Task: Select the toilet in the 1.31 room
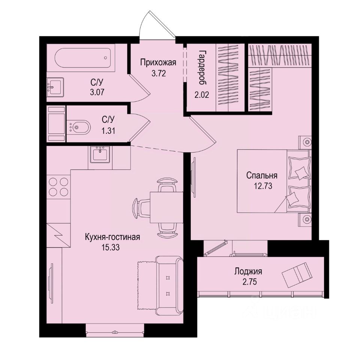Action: pyautogui.click(x=80, y=127)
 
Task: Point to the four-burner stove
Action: pyautogui.click(x=58, y=187)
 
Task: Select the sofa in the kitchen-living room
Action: pyautogui.click(x=168, y=282)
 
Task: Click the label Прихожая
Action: pyautogui.click(x=153, y=62)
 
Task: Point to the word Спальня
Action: pyautogui.click(x=262, y=175)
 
